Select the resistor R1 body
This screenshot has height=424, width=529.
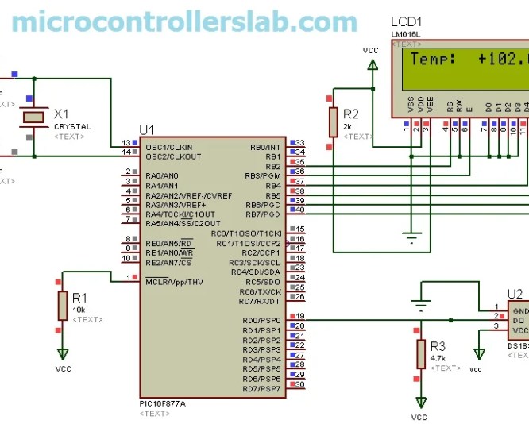tap(62, 305)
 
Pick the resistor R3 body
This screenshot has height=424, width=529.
tap(420, 354)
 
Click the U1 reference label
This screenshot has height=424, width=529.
tap(147, 130)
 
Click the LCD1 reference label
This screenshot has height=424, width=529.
tap(407, 21)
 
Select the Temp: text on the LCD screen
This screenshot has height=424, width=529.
tap(433, 60)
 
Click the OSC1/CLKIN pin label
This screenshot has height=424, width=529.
tap(169, 147)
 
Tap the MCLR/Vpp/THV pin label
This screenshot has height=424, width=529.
tap(176, 282)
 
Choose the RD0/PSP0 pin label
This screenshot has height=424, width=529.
tap(261, 321)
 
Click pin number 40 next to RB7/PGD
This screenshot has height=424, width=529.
tap(299, 214)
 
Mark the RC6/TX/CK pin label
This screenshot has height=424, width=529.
tap(261, 291)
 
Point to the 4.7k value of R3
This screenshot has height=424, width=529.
tap(438, 358)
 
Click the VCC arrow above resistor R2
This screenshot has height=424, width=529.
tap(371, 66)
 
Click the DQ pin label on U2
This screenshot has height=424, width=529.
tap(517, 321)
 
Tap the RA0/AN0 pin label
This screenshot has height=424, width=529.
tap(162, 175)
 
